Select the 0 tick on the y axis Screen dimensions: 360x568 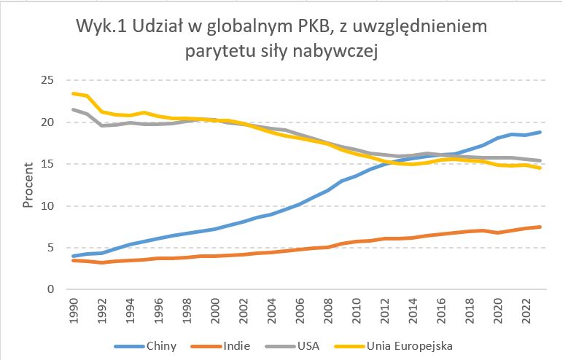[50, 289]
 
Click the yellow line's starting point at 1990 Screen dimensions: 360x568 [74, 93]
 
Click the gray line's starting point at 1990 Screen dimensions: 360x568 [74, 109]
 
